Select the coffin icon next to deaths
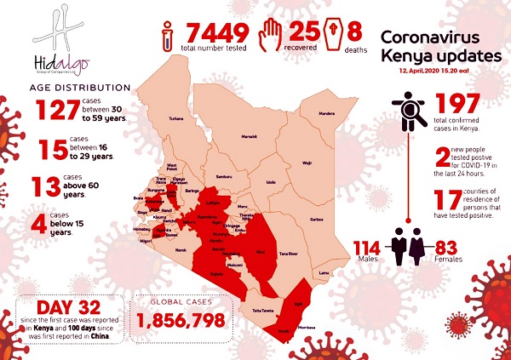point(332,33)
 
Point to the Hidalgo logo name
point(56,62)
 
